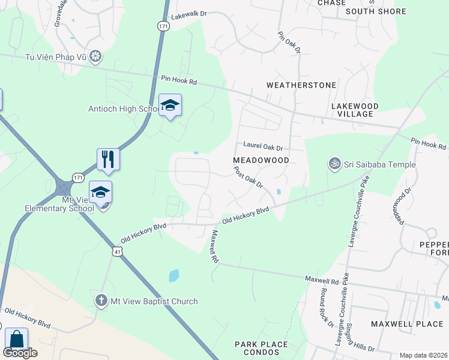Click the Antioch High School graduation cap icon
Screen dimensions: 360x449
point(170,105)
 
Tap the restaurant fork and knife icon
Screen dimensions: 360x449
point(108,158)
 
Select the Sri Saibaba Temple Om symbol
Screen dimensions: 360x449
point(334,163)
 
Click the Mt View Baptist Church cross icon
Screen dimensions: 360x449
point(102,301)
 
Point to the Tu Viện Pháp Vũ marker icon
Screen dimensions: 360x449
point(94,57)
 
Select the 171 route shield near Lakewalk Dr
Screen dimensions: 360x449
point(164,26)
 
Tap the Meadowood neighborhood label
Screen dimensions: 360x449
point(261,160)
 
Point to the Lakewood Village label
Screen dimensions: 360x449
point(355,110)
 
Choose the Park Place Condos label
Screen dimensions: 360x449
point(261,349)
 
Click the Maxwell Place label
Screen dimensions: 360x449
point(399,324)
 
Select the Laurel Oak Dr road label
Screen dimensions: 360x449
point(262,146)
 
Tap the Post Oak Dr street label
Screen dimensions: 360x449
point(249,178)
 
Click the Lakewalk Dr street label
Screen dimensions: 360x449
point(188,19)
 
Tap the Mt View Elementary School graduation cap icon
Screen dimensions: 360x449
point(101,191)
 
